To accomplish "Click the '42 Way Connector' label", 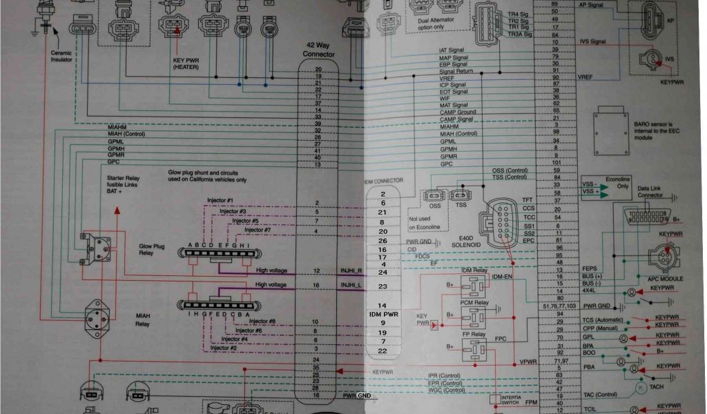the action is click(318, 50).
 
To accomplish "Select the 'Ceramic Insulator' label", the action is click(61, 56).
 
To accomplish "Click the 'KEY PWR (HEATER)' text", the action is click(185, 63).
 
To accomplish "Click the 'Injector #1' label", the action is click(221, 200).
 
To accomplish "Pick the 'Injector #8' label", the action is click(262, 321).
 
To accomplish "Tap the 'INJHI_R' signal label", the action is click(351, 270).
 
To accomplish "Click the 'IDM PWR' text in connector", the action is click(383, 315).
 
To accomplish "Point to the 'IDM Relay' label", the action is click(474, 270).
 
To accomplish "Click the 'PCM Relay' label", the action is click(474, 302).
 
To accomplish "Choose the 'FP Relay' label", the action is click(474, 334).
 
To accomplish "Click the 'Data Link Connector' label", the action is click(650, 191).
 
